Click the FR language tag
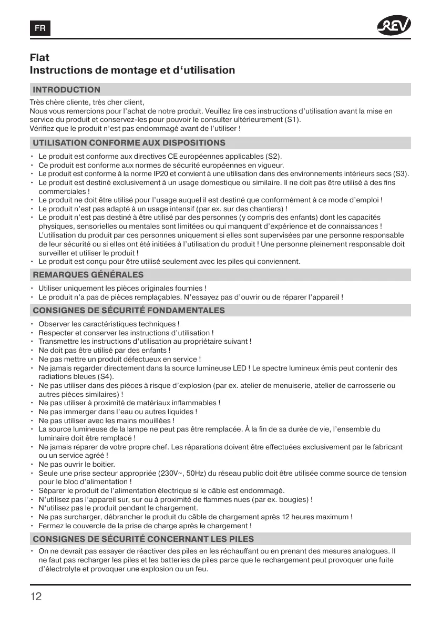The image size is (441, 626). click(40, 28)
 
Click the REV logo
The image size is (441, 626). click(394, 25)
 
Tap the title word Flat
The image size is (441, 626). click(40, 57)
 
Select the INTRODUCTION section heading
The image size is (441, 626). click(66, 90)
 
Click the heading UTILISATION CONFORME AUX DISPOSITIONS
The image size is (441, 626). click(129, 143)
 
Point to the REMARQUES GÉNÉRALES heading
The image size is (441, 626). click(88, 275)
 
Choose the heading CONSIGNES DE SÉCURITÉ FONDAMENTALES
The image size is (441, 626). click(129, 311)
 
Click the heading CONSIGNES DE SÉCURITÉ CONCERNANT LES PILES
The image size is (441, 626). click(143, 539)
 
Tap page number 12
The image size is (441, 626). click(36, 597)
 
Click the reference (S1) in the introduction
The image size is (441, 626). click(293, 120)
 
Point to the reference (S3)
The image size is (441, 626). click(401, 174)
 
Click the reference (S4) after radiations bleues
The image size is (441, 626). click(105, 377)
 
